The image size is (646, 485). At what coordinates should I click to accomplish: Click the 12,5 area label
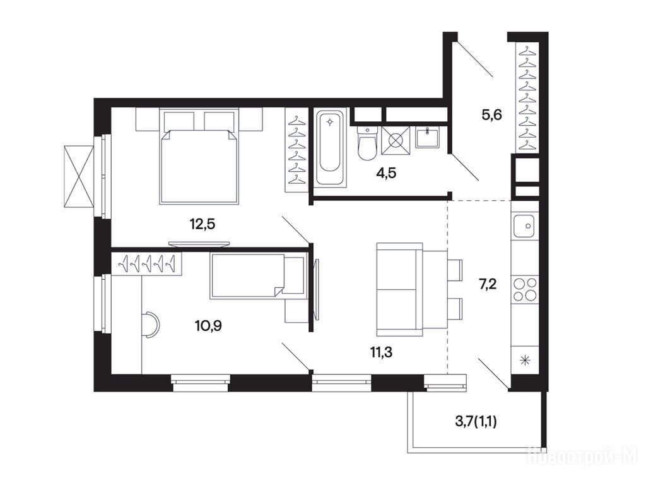(203, 224)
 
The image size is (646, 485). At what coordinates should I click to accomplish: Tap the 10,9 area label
(208, 326)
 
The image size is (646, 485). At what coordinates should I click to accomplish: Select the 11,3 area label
(379, 352)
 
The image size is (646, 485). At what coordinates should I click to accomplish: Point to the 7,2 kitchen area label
(488, 284)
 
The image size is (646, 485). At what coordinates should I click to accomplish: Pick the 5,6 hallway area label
(492, 114)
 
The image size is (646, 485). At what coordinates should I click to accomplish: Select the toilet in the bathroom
(367, 143)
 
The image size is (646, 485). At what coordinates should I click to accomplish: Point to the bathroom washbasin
(427, 137)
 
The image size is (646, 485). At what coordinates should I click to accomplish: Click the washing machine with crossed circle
(396, 140)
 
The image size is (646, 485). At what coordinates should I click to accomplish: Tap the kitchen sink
(524, 226)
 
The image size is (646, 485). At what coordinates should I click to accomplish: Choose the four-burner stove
(525, 289)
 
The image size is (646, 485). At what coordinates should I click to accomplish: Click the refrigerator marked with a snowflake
(525, 361)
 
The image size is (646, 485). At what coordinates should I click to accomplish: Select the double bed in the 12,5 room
(199, 157)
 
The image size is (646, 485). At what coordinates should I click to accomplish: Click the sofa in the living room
(399, 289)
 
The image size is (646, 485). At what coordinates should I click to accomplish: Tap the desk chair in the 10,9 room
(151, 325)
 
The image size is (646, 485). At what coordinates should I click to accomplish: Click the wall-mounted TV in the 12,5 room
(199, 244)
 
